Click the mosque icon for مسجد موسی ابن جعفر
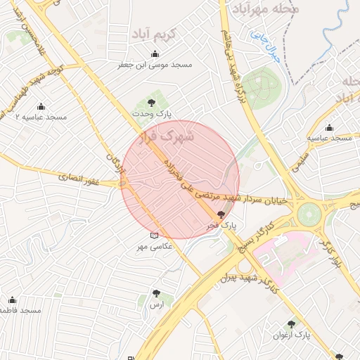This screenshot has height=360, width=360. pos(155,55)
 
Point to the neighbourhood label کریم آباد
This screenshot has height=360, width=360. pos(161,34)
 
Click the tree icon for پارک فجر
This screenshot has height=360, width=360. pos(222,215)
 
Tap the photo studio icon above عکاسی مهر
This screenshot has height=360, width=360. pos(155,236)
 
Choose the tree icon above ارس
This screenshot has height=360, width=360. pos(156,294)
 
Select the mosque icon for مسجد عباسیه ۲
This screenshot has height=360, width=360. pos(41,107)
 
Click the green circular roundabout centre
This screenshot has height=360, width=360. pos(308,214)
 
